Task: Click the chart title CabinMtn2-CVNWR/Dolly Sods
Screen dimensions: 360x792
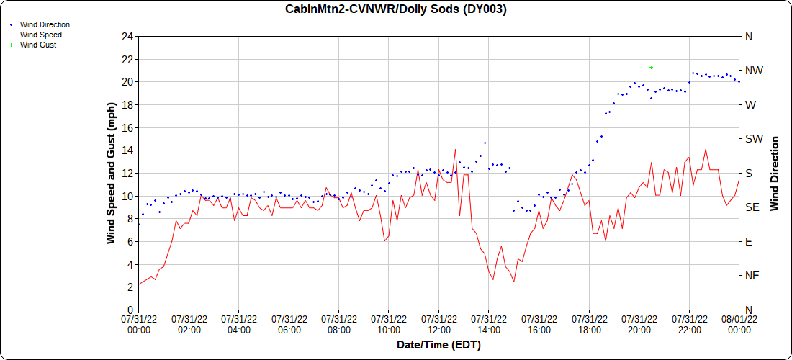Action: pos(395,9)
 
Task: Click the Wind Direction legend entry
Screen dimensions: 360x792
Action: pos(45,24)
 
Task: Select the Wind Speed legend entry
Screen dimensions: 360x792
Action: pos(40,35)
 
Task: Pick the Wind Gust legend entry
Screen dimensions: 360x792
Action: pos(38,45)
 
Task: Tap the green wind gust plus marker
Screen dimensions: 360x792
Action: pos(651,67)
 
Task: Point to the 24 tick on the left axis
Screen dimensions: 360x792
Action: pos(127,36)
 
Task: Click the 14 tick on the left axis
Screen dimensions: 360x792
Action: pos(127,150)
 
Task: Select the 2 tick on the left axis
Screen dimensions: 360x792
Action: pos(130,287)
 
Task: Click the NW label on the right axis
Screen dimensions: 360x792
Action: pos(753,71)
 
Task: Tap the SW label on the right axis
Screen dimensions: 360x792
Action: pos(753,139)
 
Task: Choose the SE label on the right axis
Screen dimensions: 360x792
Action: pos(752,207)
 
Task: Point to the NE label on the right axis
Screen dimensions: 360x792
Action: pos(752,276)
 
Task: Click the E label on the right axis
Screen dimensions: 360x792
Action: pos(749,241)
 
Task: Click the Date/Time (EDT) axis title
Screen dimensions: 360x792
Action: pos(438,345)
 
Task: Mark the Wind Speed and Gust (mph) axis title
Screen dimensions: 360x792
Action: pos(111,173)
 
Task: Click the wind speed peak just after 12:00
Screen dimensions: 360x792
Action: pos(455,150)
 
